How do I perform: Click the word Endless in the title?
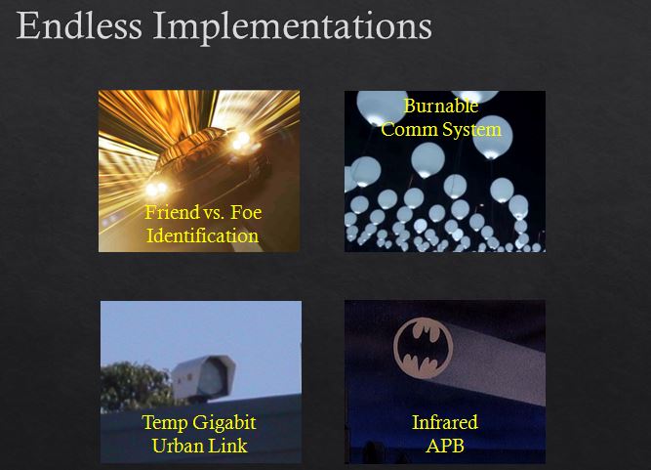tap(79, 25)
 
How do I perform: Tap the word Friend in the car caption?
tap(173, 212)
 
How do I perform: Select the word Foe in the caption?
tap(246, 212)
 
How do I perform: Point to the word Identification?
tap(203, 235)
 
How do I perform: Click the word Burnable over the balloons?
tap(441, 106)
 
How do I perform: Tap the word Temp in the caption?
tap(165, 423)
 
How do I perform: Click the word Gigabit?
tap(224, 423)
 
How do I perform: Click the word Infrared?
tap(445, 423)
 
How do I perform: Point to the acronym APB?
tap(445, 447)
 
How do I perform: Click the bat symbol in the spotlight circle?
tap(423, 348)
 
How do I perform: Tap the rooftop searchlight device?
tap(203, 378)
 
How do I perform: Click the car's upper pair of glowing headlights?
tap(242, 140)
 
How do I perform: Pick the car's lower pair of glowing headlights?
tap(156, 190)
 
